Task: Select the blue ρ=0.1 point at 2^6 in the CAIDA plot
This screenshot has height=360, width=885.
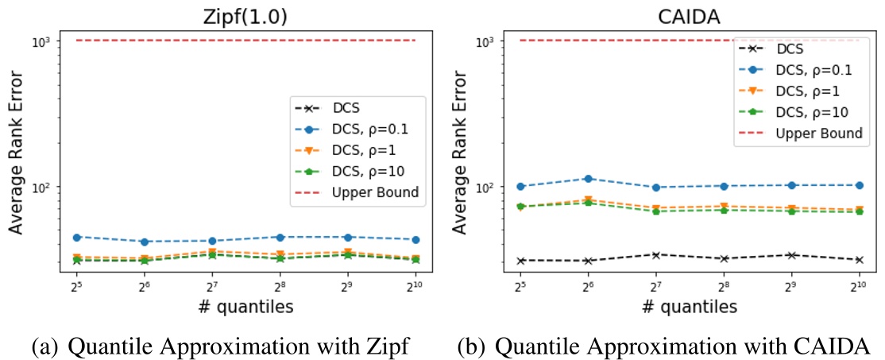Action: (587, 179)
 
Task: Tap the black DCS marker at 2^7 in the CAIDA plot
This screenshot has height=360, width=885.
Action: (655, 254)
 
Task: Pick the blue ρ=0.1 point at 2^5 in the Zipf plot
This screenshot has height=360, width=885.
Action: (76, 237)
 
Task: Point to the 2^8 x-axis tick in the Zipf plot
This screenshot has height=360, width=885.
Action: (280, 285)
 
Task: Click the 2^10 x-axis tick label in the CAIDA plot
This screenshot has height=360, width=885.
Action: (858, 285)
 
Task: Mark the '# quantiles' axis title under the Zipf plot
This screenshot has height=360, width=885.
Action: (246, 306)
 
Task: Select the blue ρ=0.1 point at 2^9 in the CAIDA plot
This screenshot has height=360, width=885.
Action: (790, 185)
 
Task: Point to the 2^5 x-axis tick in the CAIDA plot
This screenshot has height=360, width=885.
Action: (520, 285)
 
